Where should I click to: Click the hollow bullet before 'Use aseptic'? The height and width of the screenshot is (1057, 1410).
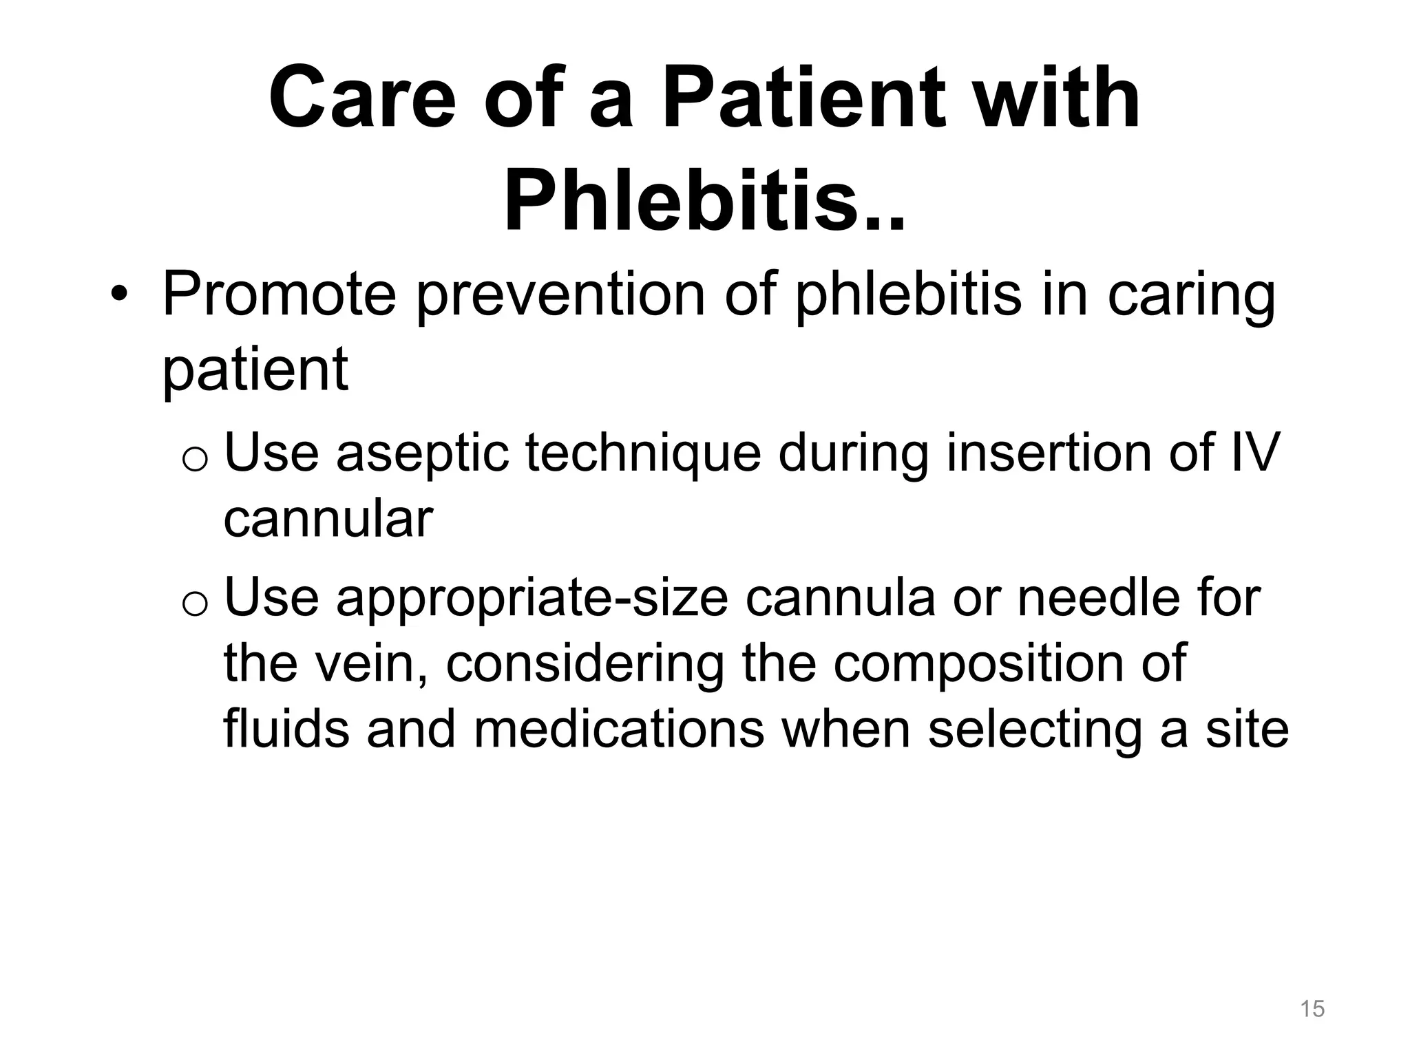tap(195, 459)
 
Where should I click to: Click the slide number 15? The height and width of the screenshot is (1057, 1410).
tap(1312, 1009)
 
